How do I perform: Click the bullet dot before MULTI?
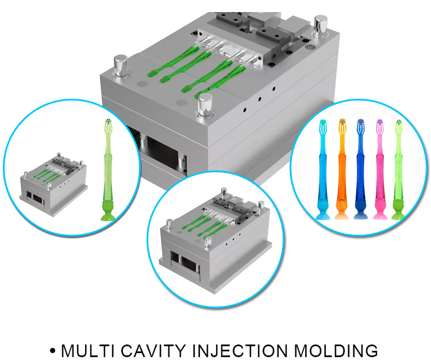pyautogui.click(x=53, y=351)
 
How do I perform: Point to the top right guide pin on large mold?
pyautogui.click(x=320, y=26)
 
